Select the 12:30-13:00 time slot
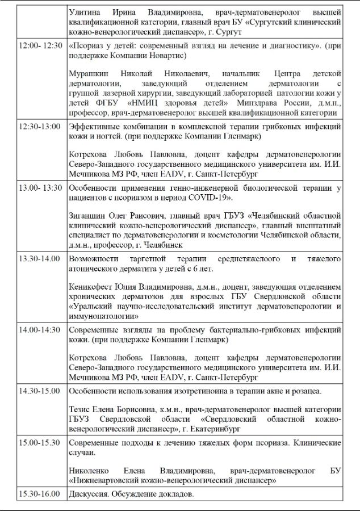coord(39,126)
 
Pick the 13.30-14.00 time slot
coord(39,259)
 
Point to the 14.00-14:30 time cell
coord(39,329)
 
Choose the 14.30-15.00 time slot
coord(39,391)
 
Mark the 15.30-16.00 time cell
coord(39,494)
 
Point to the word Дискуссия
coord(86,494)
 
